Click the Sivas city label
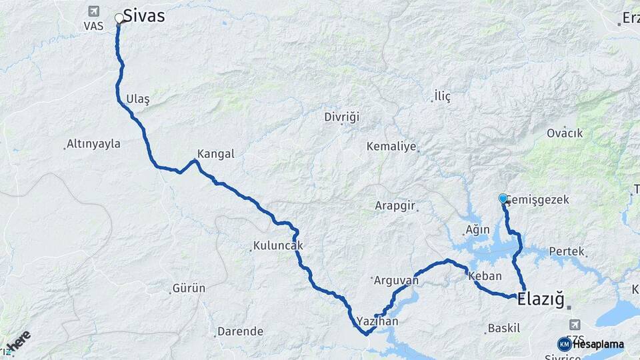143,16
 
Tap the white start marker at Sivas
119,18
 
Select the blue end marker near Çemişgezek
503,198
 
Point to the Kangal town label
215,153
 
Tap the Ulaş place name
137,99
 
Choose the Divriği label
341,117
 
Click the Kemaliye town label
391,146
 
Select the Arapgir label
396,205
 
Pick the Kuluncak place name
278,245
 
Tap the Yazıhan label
377,321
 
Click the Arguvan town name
397,280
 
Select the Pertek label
567,251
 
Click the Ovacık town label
565,133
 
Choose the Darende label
240,331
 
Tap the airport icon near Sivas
92,11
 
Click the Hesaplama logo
590,344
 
